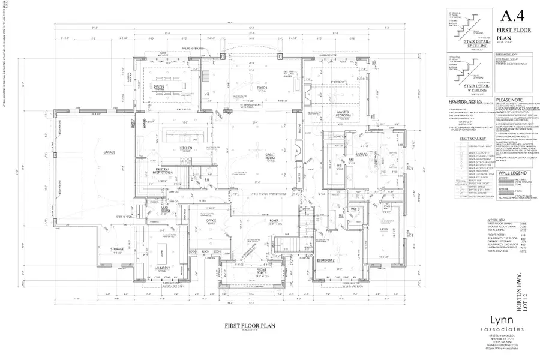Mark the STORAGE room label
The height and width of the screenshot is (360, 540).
pyautogui.click(x=116, y=250)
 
